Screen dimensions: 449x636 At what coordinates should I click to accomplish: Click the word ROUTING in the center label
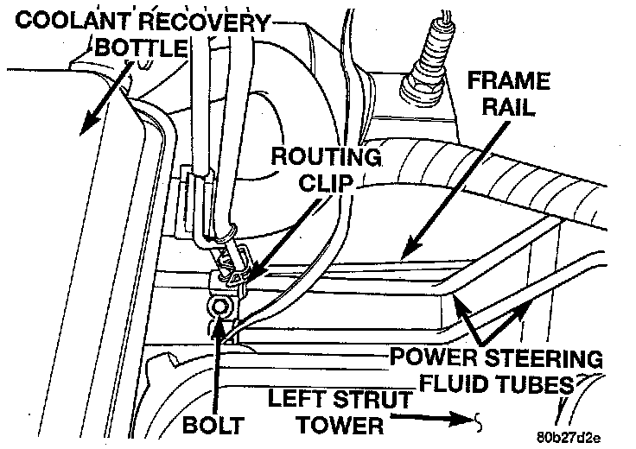(x=326, y=158)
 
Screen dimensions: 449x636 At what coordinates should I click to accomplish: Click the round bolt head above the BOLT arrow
(x=219, y=307)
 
